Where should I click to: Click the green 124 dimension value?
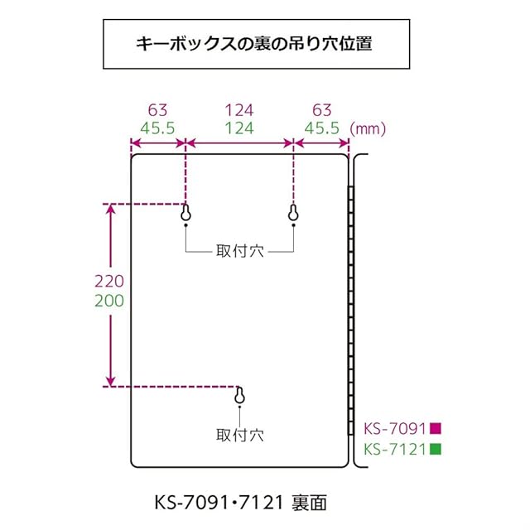point(239,128)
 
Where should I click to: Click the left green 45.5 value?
point(158,128)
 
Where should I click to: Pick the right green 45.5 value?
point(321,128)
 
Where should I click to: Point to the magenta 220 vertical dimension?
point(108,282)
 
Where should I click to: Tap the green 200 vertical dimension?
point(108,301)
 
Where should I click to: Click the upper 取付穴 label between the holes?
point(239,251)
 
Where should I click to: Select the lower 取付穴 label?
point(240,434)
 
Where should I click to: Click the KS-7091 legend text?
point(395,429)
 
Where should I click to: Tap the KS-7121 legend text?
point(395,450)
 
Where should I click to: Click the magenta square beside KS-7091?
point(435,429)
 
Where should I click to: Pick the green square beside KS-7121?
point(435,450)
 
